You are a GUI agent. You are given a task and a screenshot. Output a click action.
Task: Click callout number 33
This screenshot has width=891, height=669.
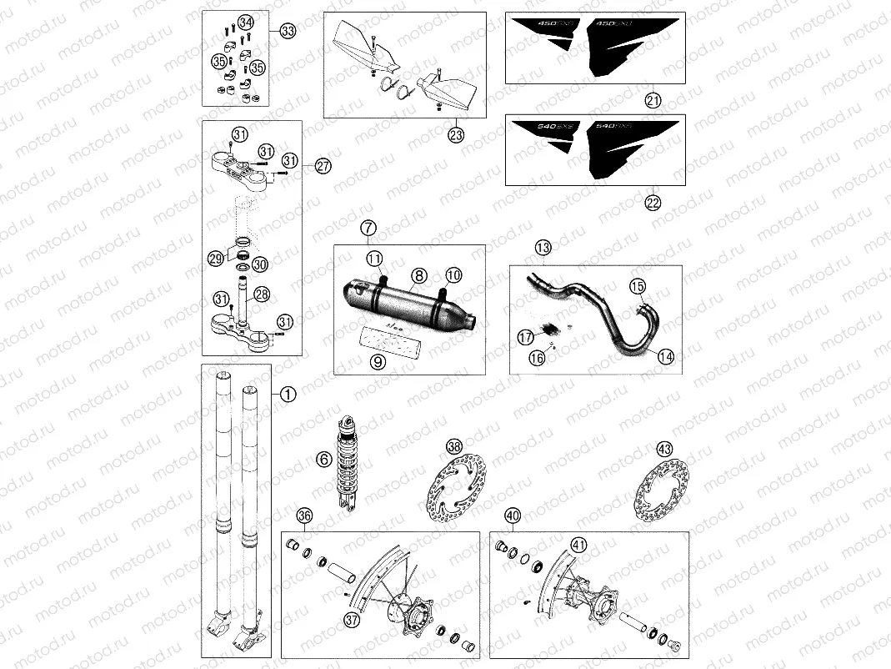(x=288, y=32)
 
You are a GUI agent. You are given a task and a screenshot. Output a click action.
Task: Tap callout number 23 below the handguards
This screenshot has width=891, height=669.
(x=455, y=134)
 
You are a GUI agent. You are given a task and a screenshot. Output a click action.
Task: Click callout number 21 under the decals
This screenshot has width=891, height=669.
(x=653, y=100)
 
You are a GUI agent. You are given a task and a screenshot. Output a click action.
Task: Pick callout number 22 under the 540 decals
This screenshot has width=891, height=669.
(x=653, y=202)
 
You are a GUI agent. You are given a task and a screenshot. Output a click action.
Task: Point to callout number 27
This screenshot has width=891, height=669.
(x=323, y=166)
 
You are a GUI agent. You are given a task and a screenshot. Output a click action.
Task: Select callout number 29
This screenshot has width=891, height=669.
(x=216, y=259)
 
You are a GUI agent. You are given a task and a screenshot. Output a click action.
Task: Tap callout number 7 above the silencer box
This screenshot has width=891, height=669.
(x=369, y=228)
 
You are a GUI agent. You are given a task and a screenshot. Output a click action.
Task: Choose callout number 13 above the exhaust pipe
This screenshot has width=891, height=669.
(x=543, y=248)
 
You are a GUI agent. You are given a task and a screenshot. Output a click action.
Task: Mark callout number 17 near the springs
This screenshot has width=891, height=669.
(x=525, y=338)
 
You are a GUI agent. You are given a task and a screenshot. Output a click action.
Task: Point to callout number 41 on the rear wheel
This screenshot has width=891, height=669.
(x=578, y=546)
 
